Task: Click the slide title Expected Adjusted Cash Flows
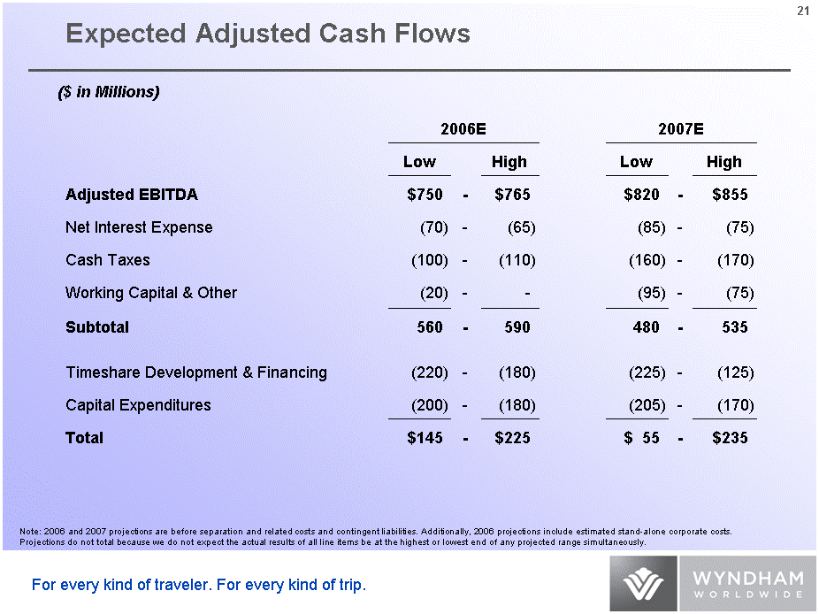[x=268, y=34]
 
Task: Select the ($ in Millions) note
[x=108, y=92]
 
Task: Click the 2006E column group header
[x=463, y=128]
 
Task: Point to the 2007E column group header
[x=681, y=128]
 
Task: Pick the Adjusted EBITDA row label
[x=132, y=195]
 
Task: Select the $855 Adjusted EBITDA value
[x=730, y=195]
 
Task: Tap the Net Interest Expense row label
[x=139, y=227]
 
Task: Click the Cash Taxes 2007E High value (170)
[x=735, y=260]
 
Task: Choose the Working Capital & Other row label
[x=151, y=293]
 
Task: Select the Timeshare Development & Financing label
[x=196, y=372]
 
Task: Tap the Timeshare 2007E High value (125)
[x=735, y=372]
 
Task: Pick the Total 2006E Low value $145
[x=425, y=438]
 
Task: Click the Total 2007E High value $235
[x=730, y=438]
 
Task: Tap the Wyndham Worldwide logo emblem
[x=643, y=585]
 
